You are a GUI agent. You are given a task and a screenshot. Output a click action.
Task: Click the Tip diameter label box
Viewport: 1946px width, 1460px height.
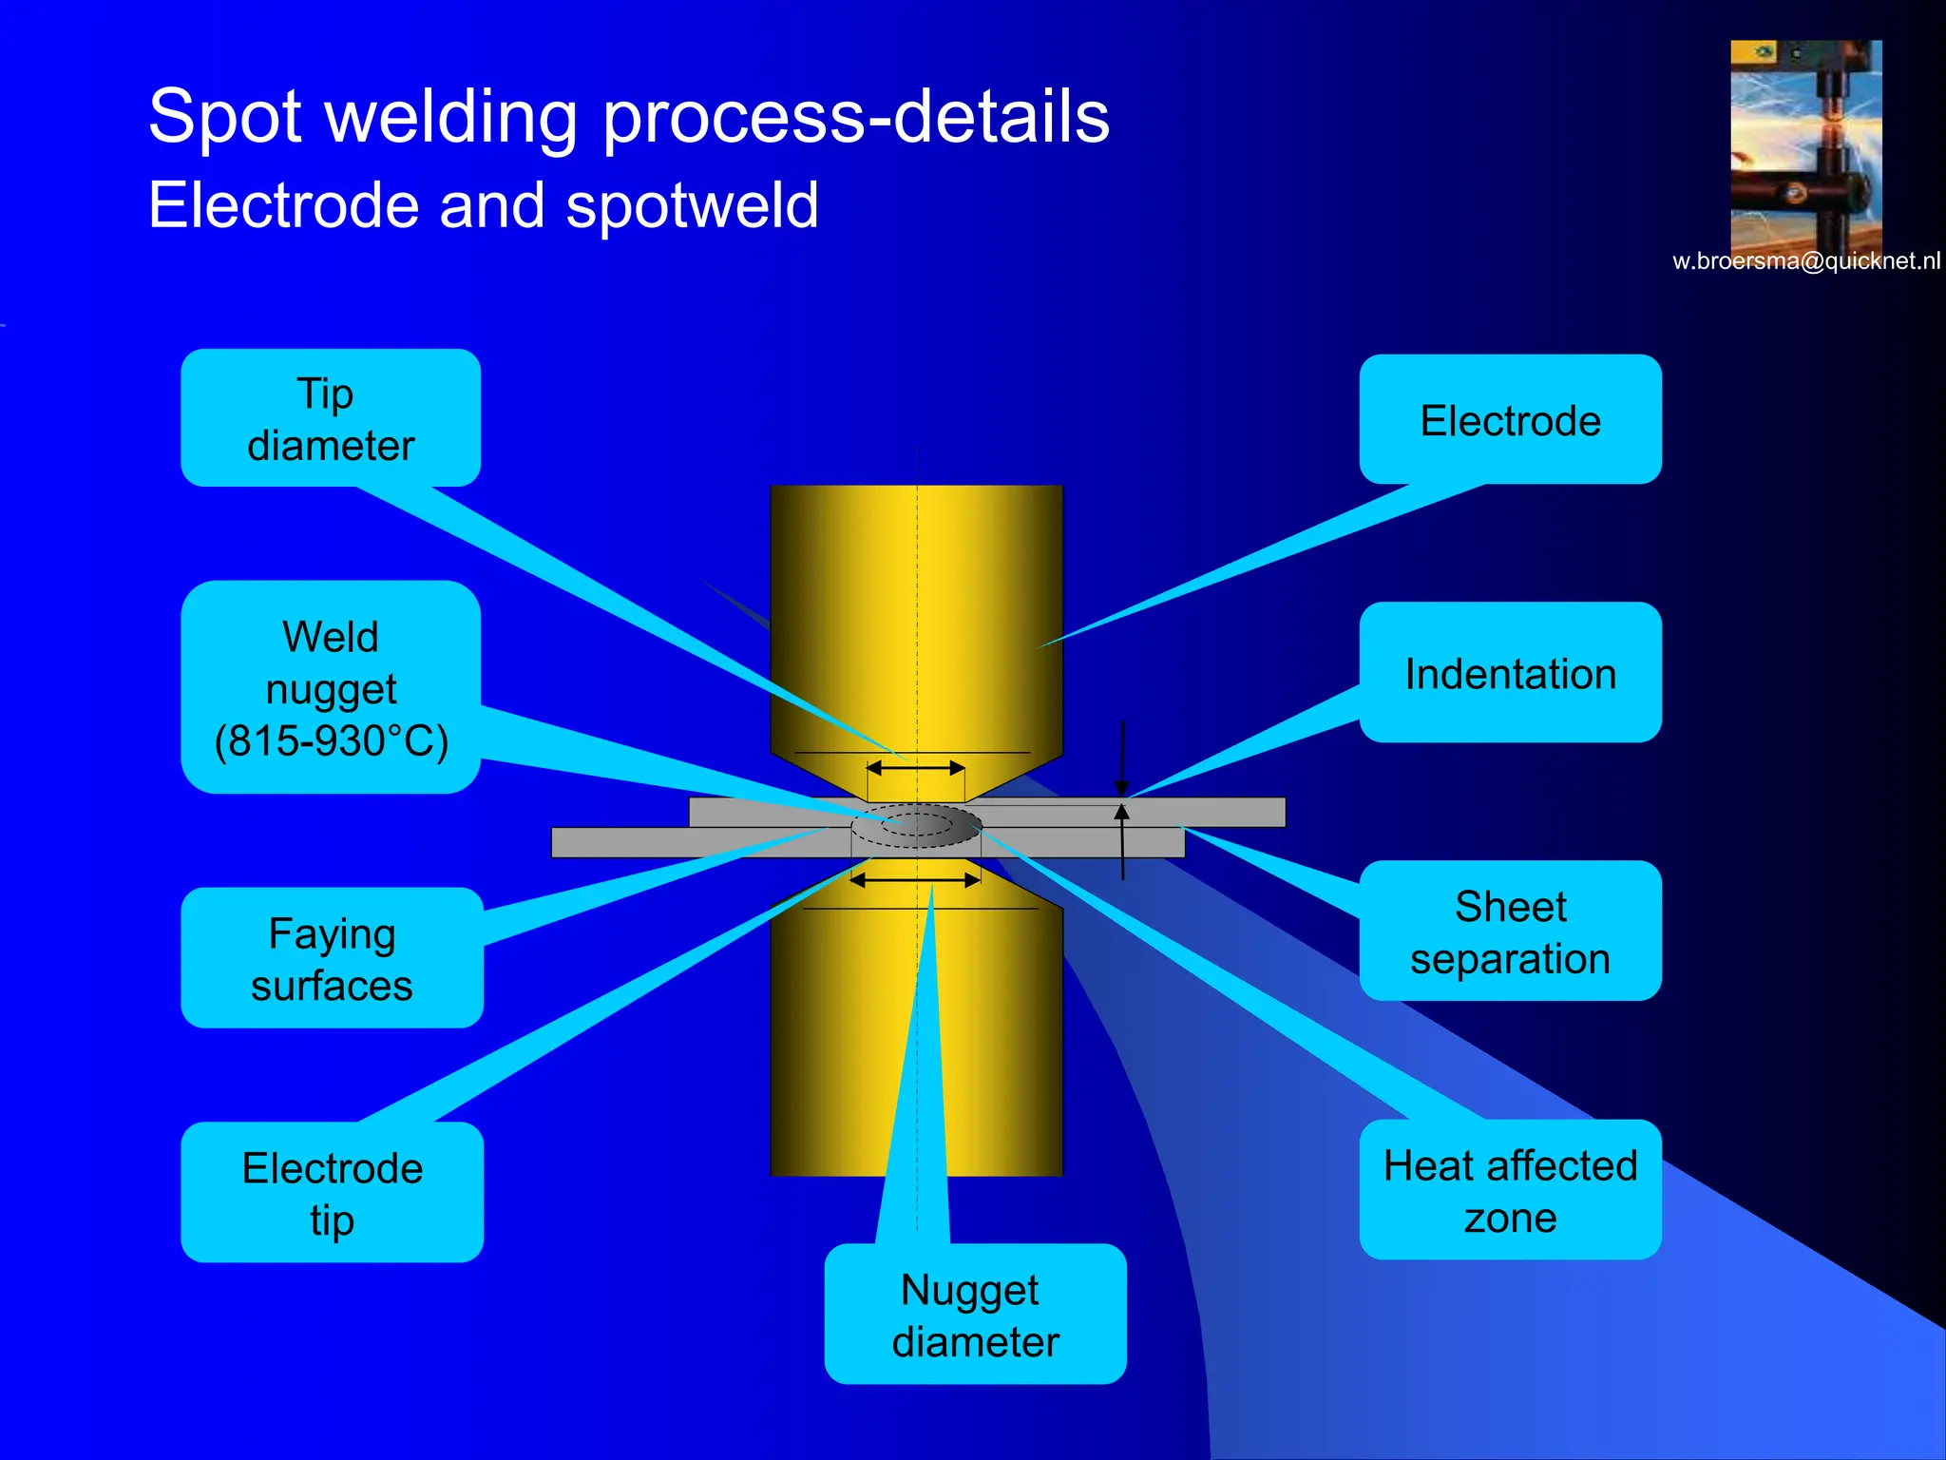[331, 418]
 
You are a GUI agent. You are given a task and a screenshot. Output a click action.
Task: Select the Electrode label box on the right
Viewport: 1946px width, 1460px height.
[1510, 420]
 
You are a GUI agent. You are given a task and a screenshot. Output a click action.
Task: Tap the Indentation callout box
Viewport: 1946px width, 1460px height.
[1510, 673]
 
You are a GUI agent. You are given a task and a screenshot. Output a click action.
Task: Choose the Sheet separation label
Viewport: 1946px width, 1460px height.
[1510, 932]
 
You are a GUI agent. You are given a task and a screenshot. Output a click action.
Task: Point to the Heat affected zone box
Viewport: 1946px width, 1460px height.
[1510, 1190]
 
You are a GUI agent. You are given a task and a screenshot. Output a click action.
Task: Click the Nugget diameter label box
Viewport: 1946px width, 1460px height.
[975, 1315]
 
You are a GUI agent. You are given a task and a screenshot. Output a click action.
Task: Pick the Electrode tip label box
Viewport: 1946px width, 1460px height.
[332, 1193]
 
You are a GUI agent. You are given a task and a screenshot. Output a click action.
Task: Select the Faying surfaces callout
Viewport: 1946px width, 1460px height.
[332, 958]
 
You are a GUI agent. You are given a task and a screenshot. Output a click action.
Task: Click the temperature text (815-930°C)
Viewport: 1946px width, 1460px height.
[331, 741]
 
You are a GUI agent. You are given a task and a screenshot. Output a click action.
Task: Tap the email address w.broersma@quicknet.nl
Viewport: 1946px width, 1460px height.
[1805, 261]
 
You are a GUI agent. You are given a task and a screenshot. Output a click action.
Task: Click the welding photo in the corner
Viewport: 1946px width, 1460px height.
[1805, 143]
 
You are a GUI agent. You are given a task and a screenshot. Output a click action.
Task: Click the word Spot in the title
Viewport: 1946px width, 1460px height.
[226, 116]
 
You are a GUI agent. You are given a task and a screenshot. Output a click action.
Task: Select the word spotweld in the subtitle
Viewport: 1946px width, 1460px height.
[692, 205]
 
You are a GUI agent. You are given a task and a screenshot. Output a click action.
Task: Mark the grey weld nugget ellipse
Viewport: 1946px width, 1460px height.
[916, 825]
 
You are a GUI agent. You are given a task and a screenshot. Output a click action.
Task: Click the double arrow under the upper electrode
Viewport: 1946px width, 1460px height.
[916, 767]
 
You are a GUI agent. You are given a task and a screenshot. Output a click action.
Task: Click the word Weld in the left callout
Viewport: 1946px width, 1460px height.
[331, 637]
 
